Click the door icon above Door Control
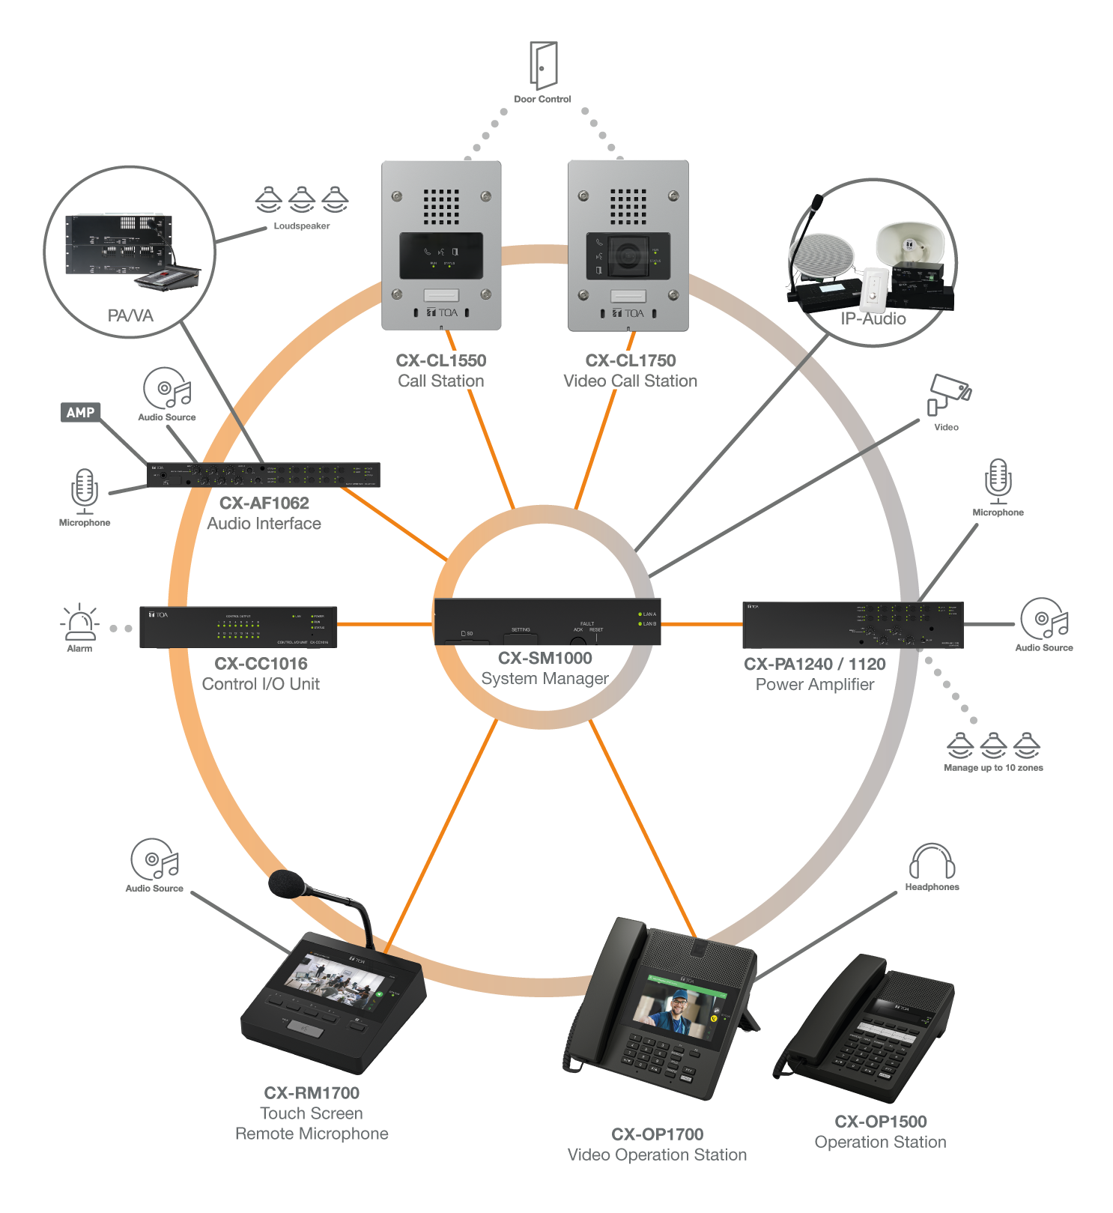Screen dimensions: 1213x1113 [x=544, y=65]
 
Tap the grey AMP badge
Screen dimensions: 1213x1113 [x=80, y=412]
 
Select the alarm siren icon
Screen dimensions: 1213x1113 [x=80, y=623]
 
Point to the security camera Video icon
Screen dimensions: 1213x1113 [x=949, y=393]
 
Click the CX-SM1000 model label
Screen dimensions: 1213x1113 [x=545, y=658]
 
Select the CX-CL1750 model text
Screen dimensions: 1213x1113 [x=630, y=360]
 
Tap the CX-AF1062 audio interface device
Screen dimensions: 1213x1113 [x=263, y=475]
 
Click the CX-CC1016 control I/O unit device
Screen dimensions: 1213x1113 [x=238, y=627]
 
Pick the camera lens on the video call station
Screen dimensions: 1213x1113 [x=628, y=256]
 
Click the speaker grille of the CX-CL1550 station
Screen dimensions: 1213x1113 [x=441, y=206]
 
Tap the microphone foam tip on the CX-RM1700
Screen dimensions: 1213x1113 [x=285, y=883]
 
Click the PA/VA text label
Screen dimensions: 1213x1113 [x=130, y=315]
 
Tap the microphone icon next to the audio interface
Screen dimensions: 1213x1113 [x=85, y=491]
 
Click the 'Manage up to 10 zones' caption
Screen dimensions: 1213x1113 [x=993, y=768]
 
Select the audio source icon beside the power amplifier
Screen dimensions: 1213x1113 [x=1043, y=619]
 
